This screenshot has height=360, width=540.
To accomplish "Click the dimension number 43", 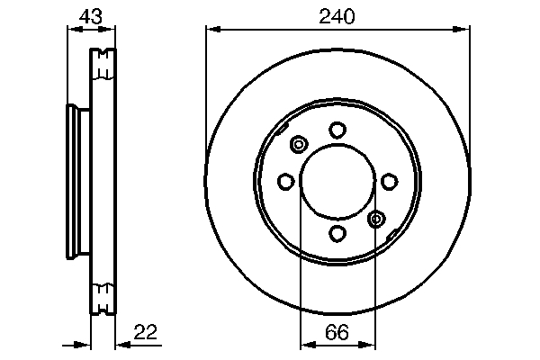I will (x=89, y=15).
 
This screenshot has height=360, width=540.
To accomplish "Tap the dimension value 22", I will (x=147, y=332).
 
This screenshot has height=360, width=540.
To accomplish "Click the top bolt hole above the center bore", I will (x=337, y=130).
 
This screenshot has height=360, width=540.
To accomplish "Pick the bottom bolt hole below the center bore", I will (x=337, y=234).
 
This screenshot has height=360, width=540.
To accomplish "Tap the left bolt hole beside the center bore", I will (x=285, y=182).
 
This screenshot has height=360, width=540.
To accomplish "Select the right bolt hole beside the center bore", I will (x=389, y=182).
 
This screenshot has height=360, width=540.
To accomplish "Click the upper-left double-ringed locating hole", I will (x=299, y=144).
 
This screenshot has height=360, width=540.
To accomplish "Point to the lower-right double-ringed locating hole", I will (x=377, y=218).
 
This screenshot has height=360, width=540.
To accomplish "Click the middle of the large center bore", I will (x=337, y=182).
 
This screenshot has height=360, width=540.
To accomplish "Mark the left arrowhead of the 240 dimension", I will (x=212, y=30).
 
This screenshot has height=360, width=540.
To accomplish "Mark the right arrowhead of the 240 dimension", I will (x=463, y=30).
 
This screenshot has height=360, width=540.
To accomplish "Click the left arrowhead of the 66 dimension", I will (x=305, y=344).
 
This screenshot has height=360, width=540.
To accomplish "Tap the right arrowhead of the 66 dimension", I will (x=370, y=344).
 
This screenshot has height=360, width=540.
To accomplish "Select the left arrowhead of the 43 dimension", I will (x=73, y=30).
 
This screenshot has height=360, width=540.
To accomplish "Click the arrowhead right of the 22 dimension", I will (x=122, y=344).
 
